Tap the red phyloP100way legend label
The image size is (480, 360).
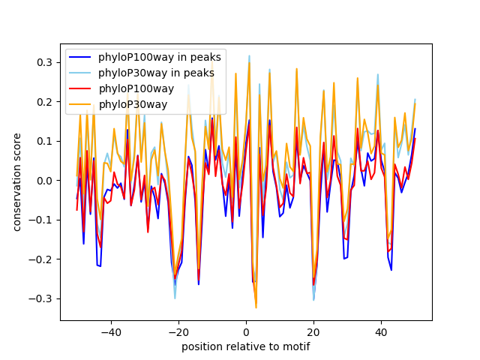coord(136,88)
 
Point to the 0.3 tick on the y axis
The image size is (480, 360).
coord(46,62)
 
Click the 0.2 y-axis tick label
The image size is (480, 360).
coord(46,101)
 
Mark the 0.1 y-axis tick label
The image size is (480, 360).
coord(46,141)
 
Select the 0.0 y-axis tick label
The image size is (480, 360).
coord(46,181)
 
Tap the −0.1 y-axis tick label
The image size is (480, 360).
coord(43,220)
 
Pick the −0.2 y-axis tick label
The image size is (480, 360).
coord(43,259)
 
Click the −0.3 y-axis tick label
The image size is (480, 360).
coord(43,298)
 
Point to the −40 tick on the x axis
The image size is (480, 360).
coord(111,332)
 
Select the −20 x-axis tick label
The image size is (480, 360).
coord(178,332)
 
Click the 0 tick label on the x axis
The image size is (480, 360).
coord(246,332)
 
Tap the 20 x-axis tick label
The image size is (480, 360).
coord(313,332)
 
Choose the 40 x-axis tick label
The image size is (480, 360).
coord(381,332)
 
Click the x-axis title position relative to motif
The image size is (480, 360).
coord(246,346)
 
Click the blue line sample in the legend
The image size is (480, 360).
coord(82,58)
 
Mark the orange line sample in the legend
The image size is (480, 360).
coord(82,103)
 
